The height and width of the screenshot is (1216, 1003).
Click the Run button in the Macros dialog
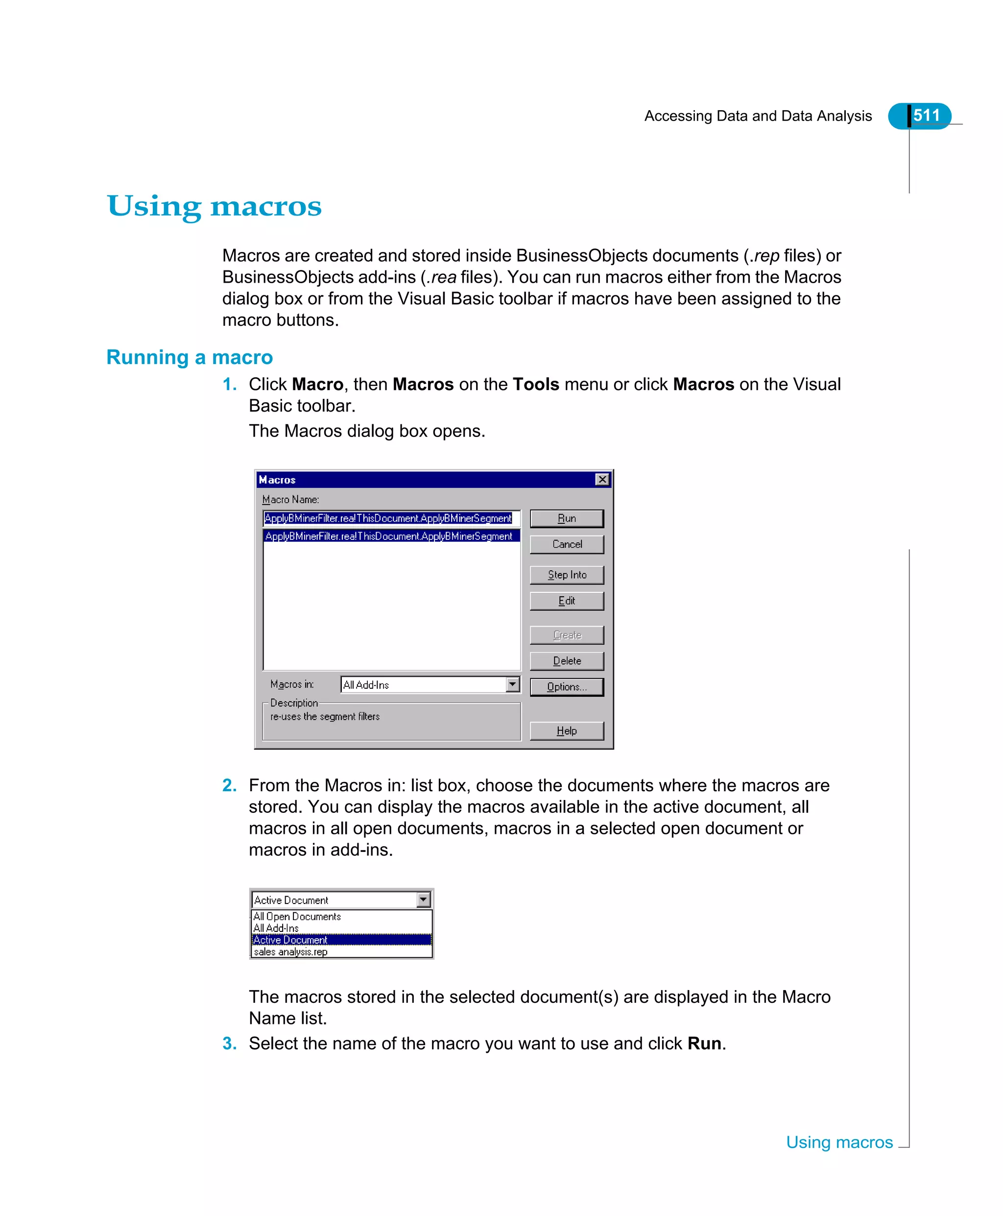coord(566,518)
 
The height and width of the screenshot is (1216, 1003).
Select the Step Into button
coord(566,575)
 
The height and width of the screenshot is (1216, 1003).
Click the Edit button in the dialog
coord(566,601)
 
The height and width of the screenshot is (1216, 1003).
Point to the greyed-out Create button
coord(566,634)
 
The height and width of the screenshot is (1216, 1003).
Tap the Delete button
coord(566,660)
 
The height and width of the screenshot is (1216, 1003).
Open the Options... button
coord(566,686)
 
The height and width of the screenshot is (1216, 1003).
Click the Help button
coord(566,730)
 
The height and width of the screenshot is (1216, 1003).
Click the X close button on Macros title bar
coord(602,479)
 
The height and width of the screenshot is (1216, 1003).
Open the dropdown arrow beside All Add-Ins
coord(512,684)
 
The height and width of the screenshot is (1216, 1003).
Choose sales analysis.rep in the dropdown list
coord(290,951)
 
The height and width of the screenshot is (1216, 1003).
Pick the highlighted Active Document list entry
coord(290,940)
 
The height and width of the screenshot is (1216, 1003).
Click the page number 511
coord(926,116)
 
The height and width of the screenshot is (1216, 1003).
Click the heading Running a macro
coord(189,357)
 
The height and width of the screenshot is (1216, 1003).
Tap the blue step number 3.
coord(229,1043)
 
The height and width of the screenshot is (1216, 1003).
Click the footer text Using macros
coord(839,1142)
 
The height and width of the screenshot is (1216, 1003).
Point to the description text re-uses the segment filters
coord(325,717)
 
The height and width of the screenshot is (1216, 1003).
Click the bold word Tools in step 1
coord(536,384)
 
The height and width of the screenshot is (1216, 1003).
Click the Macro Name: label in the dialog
coord(290,499)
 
